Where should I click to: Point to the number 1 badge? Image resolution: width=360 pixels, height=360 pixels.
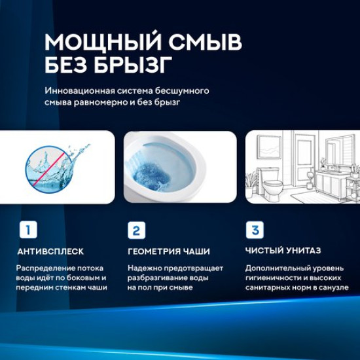point(27,230)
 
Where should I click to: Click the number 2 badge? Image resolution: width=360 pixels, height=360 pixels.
point(135,230)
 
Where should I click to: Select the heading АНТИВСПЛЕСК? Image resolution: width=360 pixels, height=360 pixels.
point(50,251)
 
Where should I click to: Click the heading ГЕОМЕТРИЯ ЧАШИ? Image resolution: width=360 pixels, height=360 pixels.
point(168,251)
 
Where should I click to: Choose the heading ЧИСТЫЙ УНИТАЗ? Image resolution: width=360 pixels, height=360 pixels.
point(283,251)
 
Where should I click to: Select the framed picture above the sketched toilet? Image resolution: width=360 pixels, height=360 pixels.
point(269,147)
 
